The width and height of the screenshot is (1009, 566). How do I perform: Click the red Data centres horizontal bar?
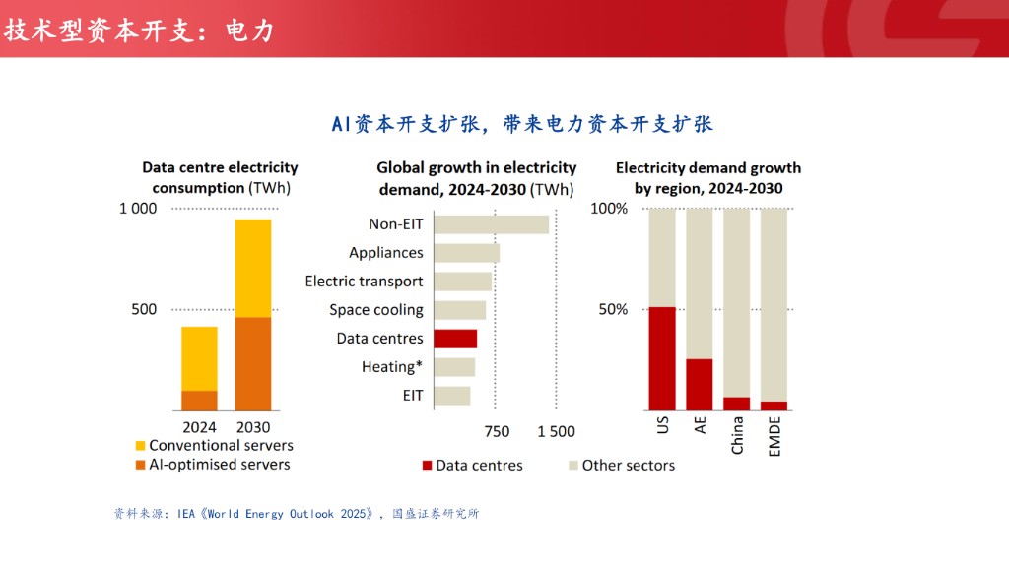click(x=455, y=339)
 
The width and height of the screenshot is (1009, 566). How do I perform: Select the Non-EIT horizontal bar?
click(x=491, y=224)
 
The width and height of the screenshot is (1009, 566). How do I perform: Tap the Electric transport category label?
click(x=364, y=282)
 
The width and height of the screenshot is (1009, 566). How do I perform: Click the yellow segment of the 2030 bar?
click(x=252, y=268)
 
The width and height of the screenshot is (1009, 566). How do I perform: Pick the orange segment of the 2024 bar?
click(x=199, y=401)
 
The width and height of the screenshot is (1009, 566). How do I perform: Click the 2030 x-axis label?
click(x=252, y=428)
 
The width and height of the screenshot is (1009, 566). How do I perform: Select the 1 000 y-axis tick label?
click(x=138, y=209)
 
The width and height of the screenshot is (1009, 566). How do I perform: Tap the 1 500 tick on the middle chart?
click(x=556, y=431)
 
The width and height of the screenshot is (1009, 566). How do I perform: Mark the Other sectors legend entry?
click(x=622, y=465)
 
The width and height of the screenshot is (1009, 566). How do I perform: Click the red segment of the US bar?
click(x=662, y=358)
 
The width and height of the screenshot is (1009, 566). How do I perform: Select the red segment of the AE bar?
click(x=700, y=384)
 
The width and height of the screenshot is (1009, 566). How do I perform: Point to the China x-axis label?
click(x=737, y=435)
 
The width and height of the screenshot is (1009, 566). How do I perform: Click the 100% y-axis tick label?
click(x=609, y=209)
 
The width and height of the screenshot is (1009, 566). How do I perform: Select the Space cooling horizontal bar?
click(x=459, y=310)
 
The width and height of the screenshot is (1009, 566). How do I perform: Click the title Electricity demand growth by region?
click(x=707, y=178)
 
